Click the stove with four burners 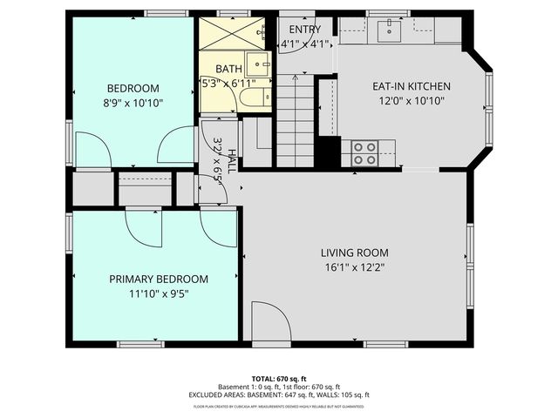(364, 153)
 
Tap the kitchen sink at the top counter (389, 30)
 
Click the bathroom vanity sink (257, 64)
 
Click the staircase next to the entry (296, 118)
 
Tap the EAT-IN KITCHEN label (411, 86)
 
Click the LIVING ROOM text (352, 253)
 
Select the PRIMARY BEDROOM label (159, 279)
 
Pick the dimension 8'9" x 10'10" (133, 102)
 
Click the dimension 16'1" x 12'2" (352, 267)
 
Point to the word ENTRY (304, 29)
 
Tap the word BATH (229, 69)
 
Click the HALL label (232, 162)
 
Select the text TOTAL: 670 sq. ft (278, 379)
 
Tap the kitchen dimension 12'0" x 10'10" (411, 101)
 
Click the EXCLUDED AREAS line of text (278, 394)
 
